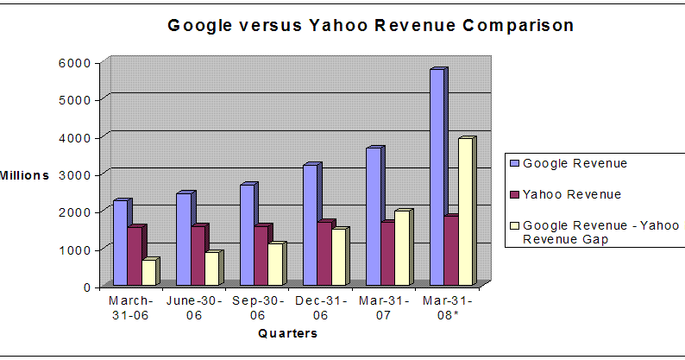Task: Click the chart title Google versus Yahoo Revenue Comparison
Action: (x=370, y=25)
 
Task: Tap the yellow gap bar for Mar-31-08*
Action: (x=465, y=212)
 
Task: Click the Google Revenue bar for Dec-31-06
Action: (x=310, y=225)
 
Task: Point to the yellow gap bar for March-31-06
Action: (x=149, y=273)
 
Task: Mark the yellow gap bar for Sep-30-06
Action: (x=275, y=264)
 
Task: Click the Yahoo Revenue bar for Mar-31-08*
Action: (x=450, y=251)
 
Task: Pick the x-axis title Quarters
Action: (x=287, y=335)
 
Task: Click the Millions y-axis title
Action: (x=24, y=174)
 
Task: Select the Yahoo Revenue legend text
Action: (x=572, y=194)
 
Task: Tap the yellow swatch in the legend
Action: (x=515, y=227)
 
